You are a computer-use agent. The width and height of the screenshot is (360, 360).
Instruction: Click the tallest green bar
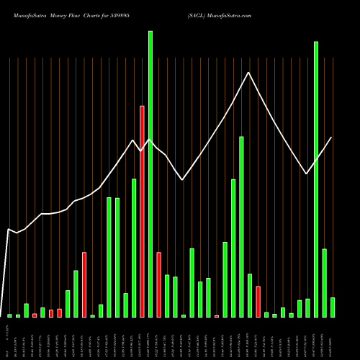150,173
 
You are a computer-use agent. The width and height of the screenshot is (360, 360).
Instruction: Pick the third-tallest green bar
241,226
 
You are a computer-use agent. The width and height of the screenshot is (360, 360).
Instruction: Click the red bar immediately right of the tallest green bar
158,284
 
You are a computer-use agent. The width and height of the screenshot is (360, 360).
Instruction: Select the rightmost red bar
258,301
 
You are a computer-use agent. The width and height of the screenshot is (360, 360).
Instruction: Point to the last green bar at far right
332,307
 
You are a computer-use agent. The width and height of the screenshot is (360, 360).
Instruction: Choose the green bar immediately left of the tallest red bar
134,248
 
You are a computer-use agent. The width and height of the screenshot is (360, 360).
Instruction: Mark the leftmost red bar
35,315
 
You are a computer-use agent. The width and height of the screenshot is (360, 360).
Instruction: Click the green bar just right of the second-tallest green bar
324,282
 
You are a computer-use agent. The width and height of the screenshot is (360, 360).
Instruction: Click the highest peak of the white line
249,73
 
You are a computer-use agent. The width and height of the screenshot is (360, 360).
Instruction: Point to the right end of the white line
332,138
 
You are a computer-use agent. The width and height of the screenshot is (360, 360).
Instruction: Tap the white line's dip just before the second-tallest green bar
307,174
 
